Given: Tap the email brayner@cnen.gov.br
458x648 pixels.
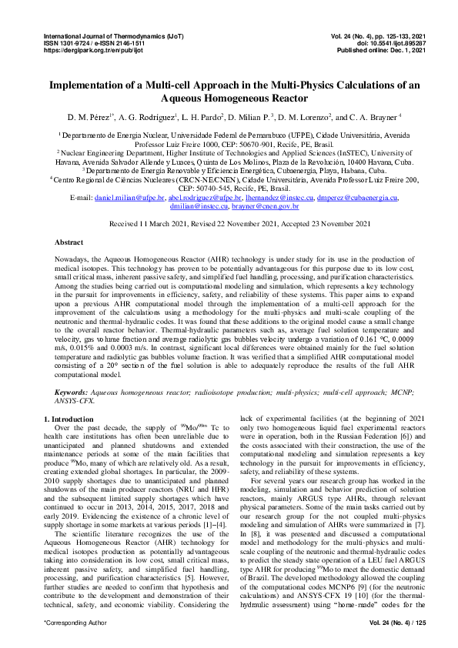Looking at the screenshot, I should click(268, 207).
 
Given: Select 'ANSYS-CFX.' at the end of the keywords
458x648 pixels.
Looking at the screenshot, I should click(78, 400).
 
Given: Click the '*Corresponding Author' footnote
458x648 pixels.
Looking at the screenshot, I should click(69, 620).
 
